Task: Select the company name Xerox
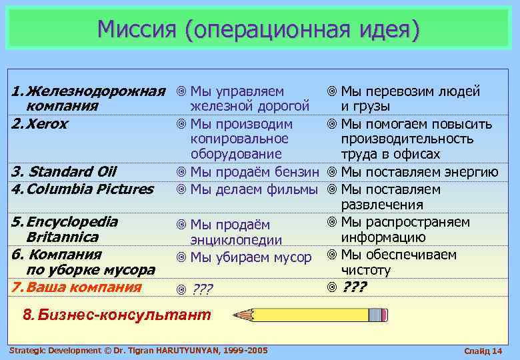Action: click(x=47, y=125)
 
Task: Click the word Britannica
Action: click(x=62, y=237)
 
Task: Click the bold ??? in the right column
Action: click(x=354, y=287)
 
